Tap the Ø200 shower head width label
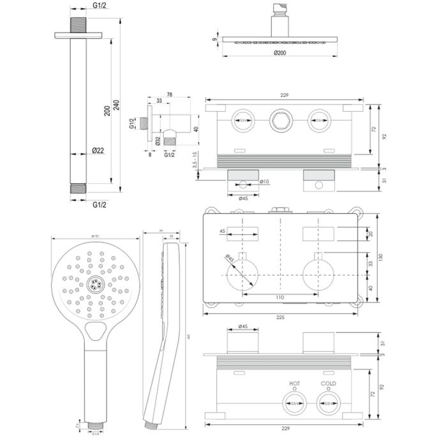click(x=278, y=53)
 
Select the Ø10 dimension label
click(x=265, y=182)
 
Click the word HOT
click(x=294, y=383)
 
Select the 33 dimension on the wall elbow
click(x=159, y=101)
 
